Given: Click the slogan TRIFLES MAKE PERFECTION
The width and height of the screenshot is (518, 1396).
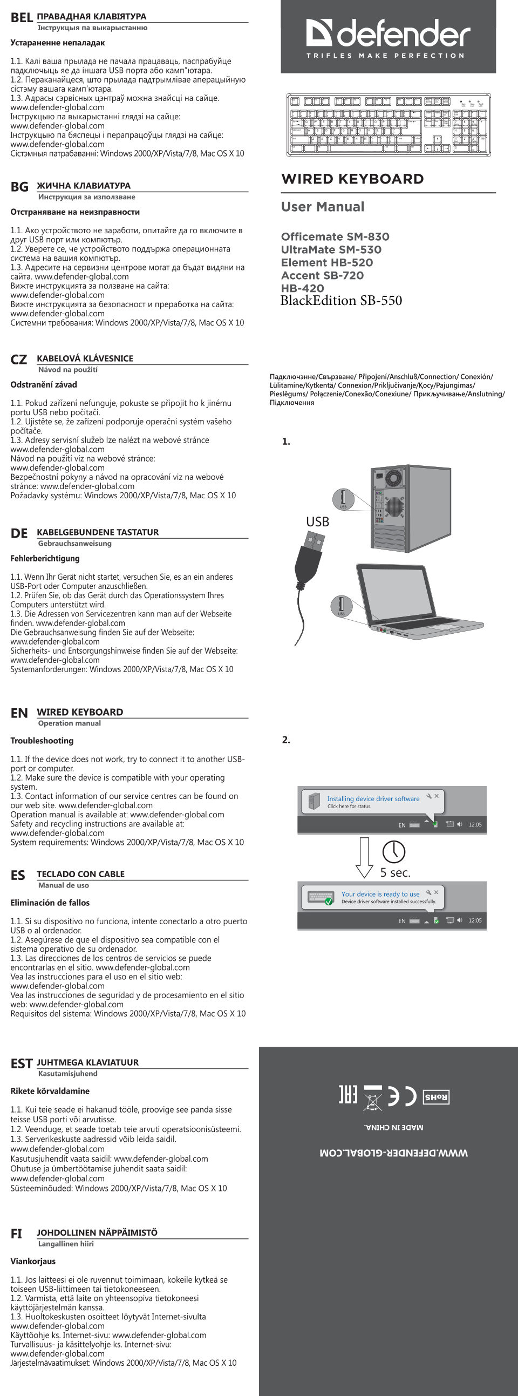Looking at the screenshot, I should (385, 55).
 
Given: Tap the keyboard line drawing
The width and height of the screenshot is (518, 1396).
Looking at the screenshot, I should (388, 125).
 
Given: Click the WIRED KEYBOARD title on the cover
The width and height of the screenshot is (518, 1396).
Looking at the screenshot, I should (352, 179).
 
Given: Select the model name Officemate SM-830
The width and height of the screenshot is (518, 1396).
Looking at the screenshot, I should (335, 236).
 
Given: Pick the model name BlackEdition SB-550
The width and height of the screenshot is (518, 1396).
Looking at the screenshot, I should (341, 300).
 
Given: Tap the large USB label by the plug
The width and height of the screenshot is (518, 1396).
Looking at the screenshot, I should (317, 521).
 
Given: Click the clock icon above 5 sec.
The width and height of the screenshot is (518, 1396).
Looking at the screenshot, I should (393, 852).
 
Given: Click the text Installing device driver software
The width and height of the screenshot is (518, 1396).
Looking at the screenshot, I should (373, 798).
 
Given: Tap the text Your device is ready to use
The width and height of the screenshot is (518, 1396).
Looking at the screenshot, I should (380, 894).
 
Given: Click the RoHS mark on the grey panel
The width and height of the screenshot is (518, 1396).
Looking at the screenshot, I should (435, 1097).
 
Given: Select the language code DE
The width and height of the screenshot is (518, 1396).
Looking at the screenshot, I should (19, 533).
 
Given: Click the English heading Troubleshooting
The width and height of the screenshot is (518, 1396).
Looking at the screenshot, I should (42, 740).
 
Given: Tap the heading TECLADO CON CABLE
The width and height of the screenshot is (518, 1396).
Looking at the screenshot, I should (80, 874).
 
